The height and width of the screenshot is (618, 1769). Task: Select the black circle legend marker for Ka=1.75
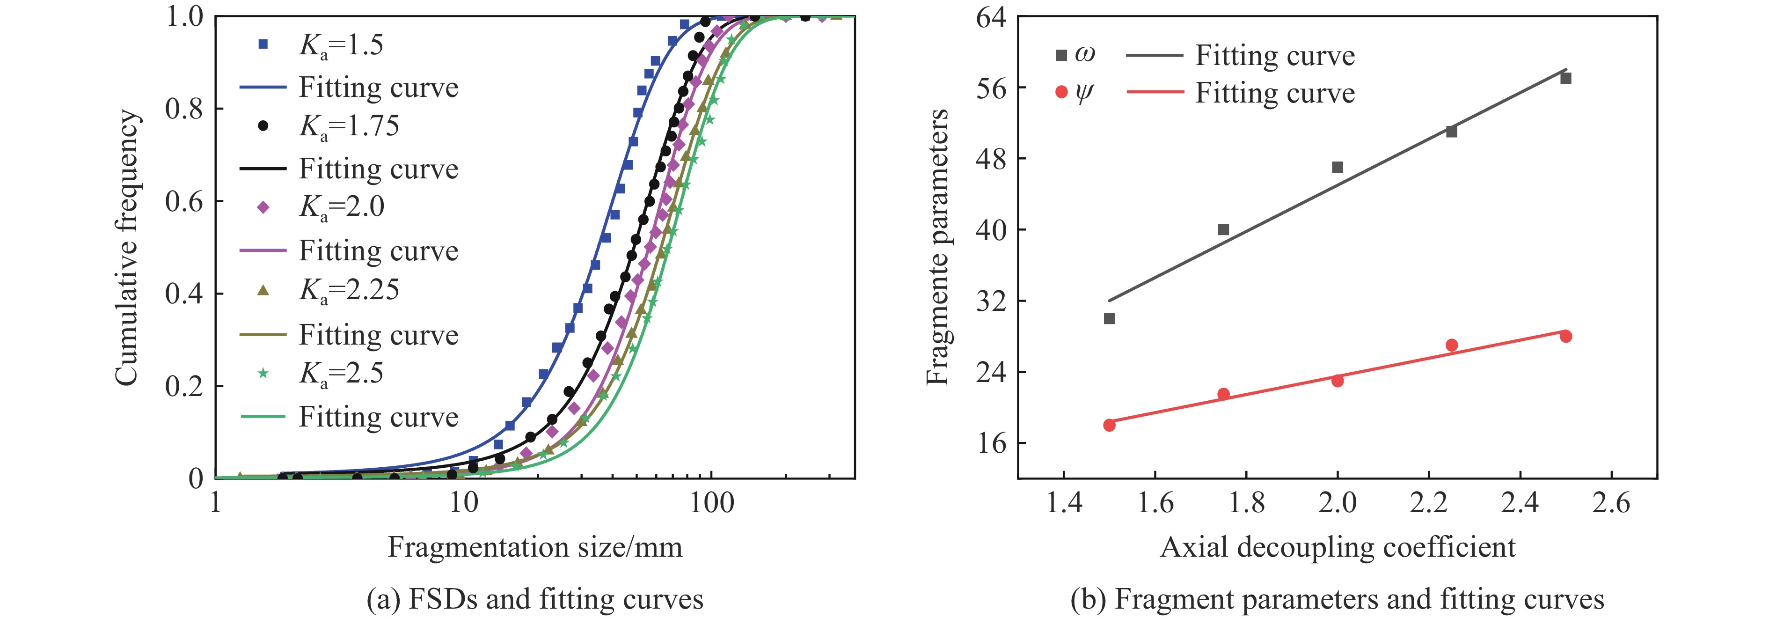(263, 125)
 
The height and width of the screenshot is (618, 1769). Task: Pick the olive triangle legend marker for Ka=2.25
(263, 290)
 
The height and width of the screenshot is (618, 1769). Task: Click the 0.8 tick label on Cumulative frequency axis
(184, 109)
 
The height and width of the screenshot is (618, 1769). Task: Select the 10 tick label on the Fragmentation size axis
(463, 503)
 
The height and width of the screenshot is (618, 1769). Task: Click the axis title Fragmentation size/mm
(535, 547)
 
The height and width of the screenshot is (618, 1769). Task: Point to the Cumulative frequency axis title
(126, 247)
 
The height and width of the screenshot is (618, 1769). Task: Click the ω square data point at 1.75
(1223, 229)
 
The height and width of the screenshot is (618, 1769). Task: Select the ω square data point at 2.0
(1337, 168)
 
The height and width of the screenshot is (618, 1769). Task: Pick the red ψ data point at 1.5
(1109, 425)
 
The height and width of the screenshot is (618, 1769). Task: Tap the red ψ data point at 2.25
(1451, 346)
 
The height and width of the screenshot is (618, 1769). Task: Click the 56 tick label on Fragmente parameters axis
(990, 88)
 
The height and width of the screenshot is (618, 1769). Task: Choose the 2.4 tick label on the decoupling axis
(1520, 503)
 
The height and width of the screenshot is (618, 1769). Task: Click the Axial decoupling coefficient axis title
(1337, 547)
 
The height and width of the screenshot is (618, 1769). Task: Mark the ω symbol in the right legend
(1084, 54)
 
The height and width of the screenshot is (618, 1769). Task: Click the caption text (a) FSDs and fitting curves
(535, 599)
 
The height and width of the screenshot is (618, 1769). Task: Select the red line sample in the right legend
(1155, 92)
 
